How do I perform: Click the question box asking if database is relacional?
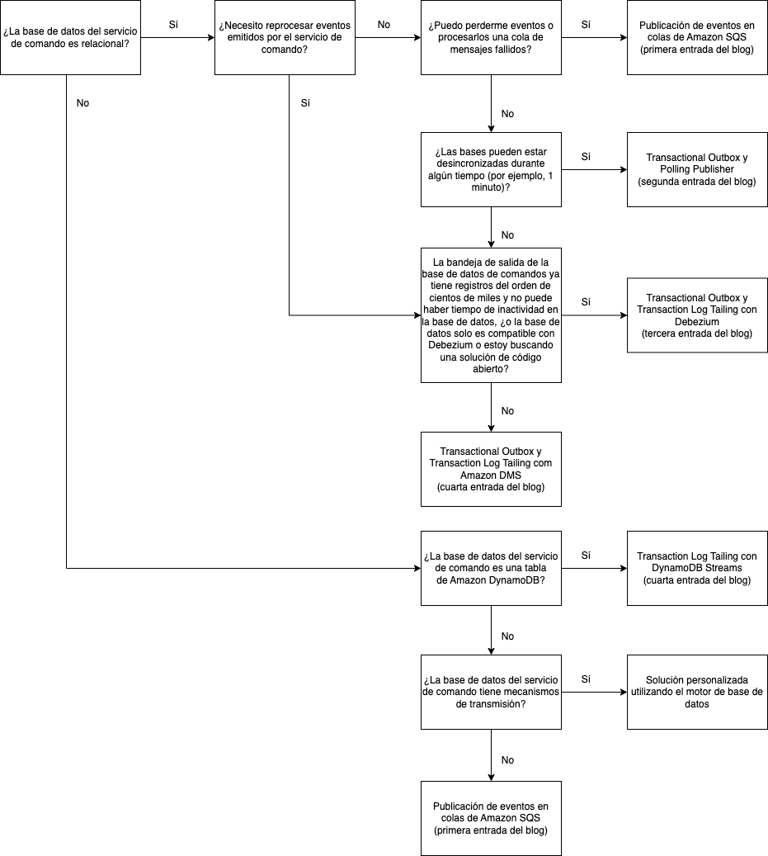pos(70,38)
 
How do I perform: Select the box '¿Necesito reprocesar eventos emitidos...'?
pos(285,38)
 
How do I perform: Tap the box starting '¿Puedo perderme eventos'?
pos(491,38)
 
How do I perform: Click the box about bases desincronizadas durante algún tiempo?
pos(491,169)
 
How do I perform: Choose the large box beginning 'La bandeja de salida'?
pos(491,314)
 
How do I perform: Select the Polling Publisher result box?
pos(697,169)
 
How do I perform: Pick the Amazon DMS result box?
pos(491,469)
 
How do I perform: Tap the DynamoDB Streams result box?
pos(697,568)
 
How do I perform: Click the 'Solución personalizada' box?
pos(697,692)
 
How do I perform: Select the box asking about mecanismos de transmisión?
pos(491,692)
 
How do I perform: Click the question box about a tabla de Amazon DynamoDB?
pos(491,568)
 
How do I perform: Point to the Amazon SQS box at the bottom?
pos(491,818)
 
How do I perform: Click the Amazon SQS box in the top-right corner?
pos(697,38)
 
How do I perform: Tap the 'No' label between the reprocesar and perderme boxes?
pos(384,25)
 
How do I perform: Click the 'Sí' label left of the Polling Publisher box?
pos(586,156)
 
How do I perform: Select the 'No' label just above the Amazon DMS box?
pos(507,410)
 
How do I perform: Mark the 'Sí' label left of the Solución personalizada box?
pos(586,679)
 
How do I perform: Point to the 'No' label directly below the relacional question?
pos(82,103)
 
